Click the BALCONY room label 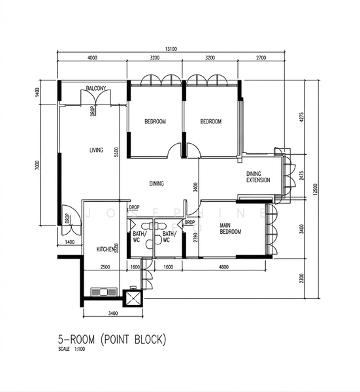96,90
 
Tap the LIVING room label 96,150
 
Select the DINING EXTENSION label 258,176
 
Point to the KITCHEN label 106,250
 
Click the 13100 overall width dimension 172,48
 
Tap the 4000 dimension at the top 92,58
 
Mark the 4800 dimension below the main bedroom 223,267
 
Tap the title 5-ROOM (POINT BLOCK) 112,340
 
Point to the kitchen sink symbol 105,291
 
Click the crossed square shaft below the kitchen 133,297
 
